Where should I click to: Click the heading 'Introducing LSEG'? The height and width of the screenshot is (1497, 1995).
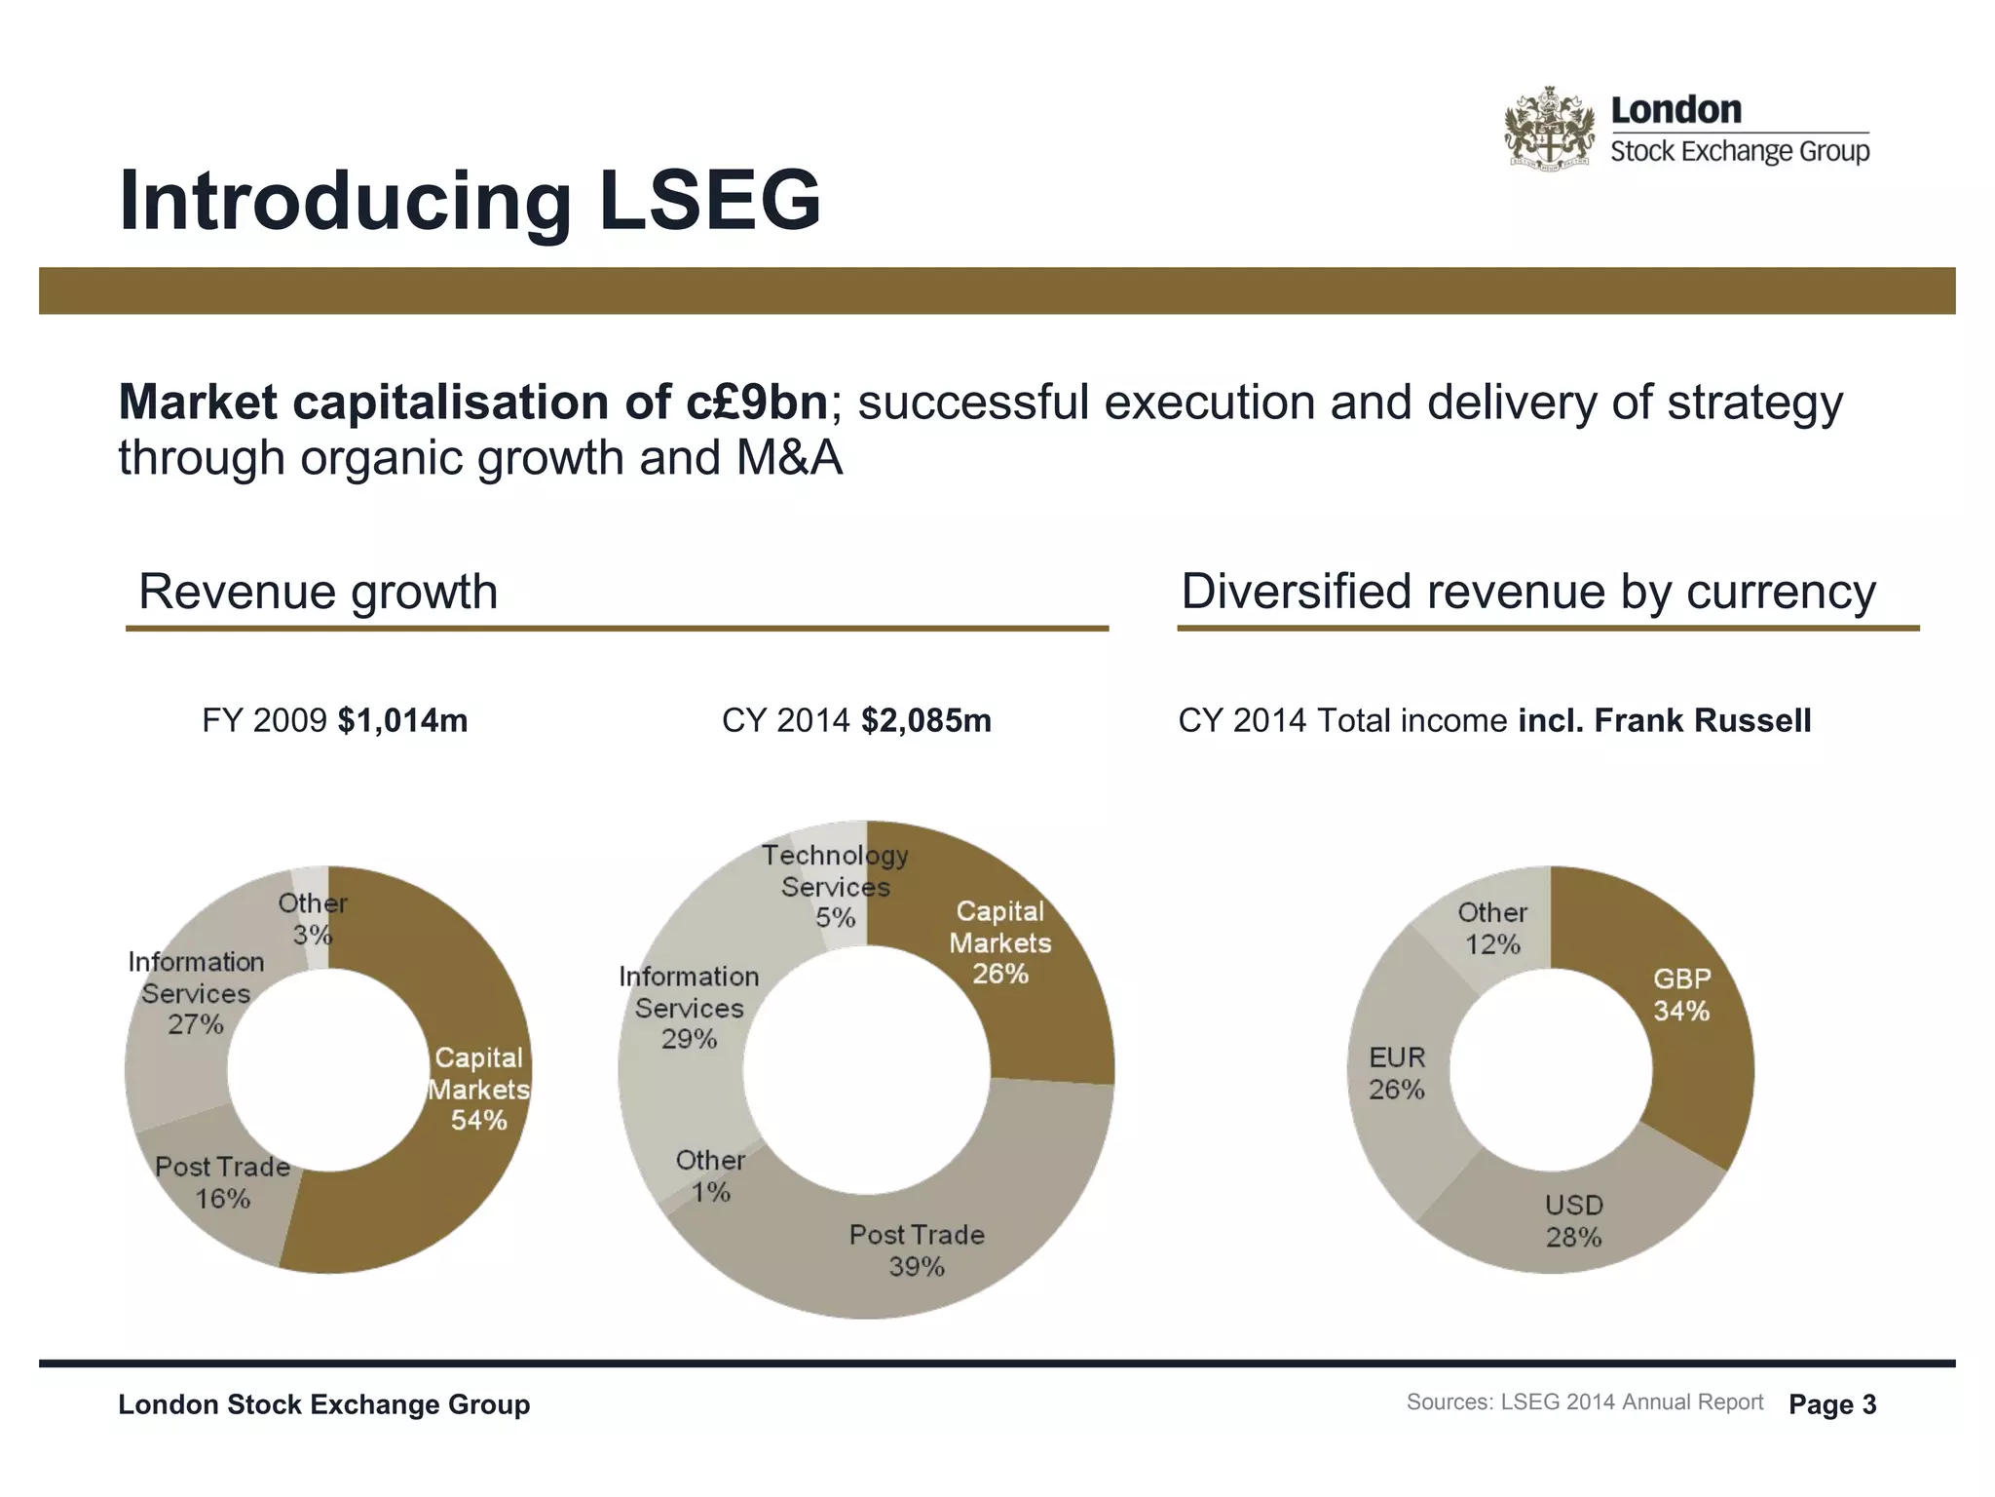tap(470, 201)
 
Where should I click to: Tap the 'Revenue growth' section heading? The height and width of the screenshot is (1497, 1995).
tap(318, 592)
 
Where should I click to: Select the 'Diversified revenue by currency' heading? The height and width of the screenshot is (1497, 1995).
tap(1527, 592)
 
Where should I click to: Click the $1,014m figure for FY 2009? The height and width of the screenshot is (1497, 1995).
tap(402, 721)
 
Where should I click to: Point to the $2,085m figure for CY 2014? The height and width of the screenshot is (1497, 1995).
tap(925, 721)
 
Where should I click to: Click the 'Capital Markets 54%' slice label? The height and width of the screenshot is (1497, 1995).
tap(478, 1089)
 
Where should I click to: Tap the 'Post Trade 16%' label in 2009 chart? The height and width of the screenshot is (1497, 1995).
tap(223, 1182)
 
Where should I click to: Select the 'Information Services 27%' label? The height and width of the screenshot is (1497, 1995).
tap(196, 993)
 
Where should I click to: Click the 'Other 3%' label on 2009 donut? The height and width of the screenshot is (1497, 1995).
tap(313, 918)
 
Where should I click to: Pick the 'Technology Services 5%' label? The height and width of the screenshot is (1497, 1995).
tap(835, 886)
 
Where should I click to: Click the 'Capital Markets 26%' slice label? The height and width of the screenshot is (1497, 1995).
tap(1000, 942)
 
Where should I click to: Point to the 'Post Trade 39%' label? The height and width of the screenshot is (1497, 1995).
tap(917, 1250)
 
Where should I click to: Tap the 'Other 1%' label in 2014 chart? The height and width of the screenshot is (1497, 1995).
tap(710, 1175)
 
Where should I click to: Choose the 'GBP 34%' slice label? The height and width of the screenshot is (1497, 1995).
tap(1681, 995)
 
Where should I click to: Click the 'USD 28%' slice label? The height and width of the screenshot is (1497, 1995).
tap(1573, 1221)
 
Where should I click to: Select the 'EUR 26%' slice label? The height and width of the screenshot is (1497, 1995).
tap(1397, 1073)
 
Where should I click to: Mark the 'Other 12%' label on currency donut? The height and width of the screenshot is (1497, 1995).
tap(1492, 928)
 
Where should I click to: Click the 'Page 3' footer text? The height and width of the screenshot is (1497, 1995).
tap(1832, 1404)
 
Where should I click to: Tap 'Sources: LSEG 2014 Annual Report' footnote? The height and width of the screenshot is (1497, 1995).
tap(1585, 1402)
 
